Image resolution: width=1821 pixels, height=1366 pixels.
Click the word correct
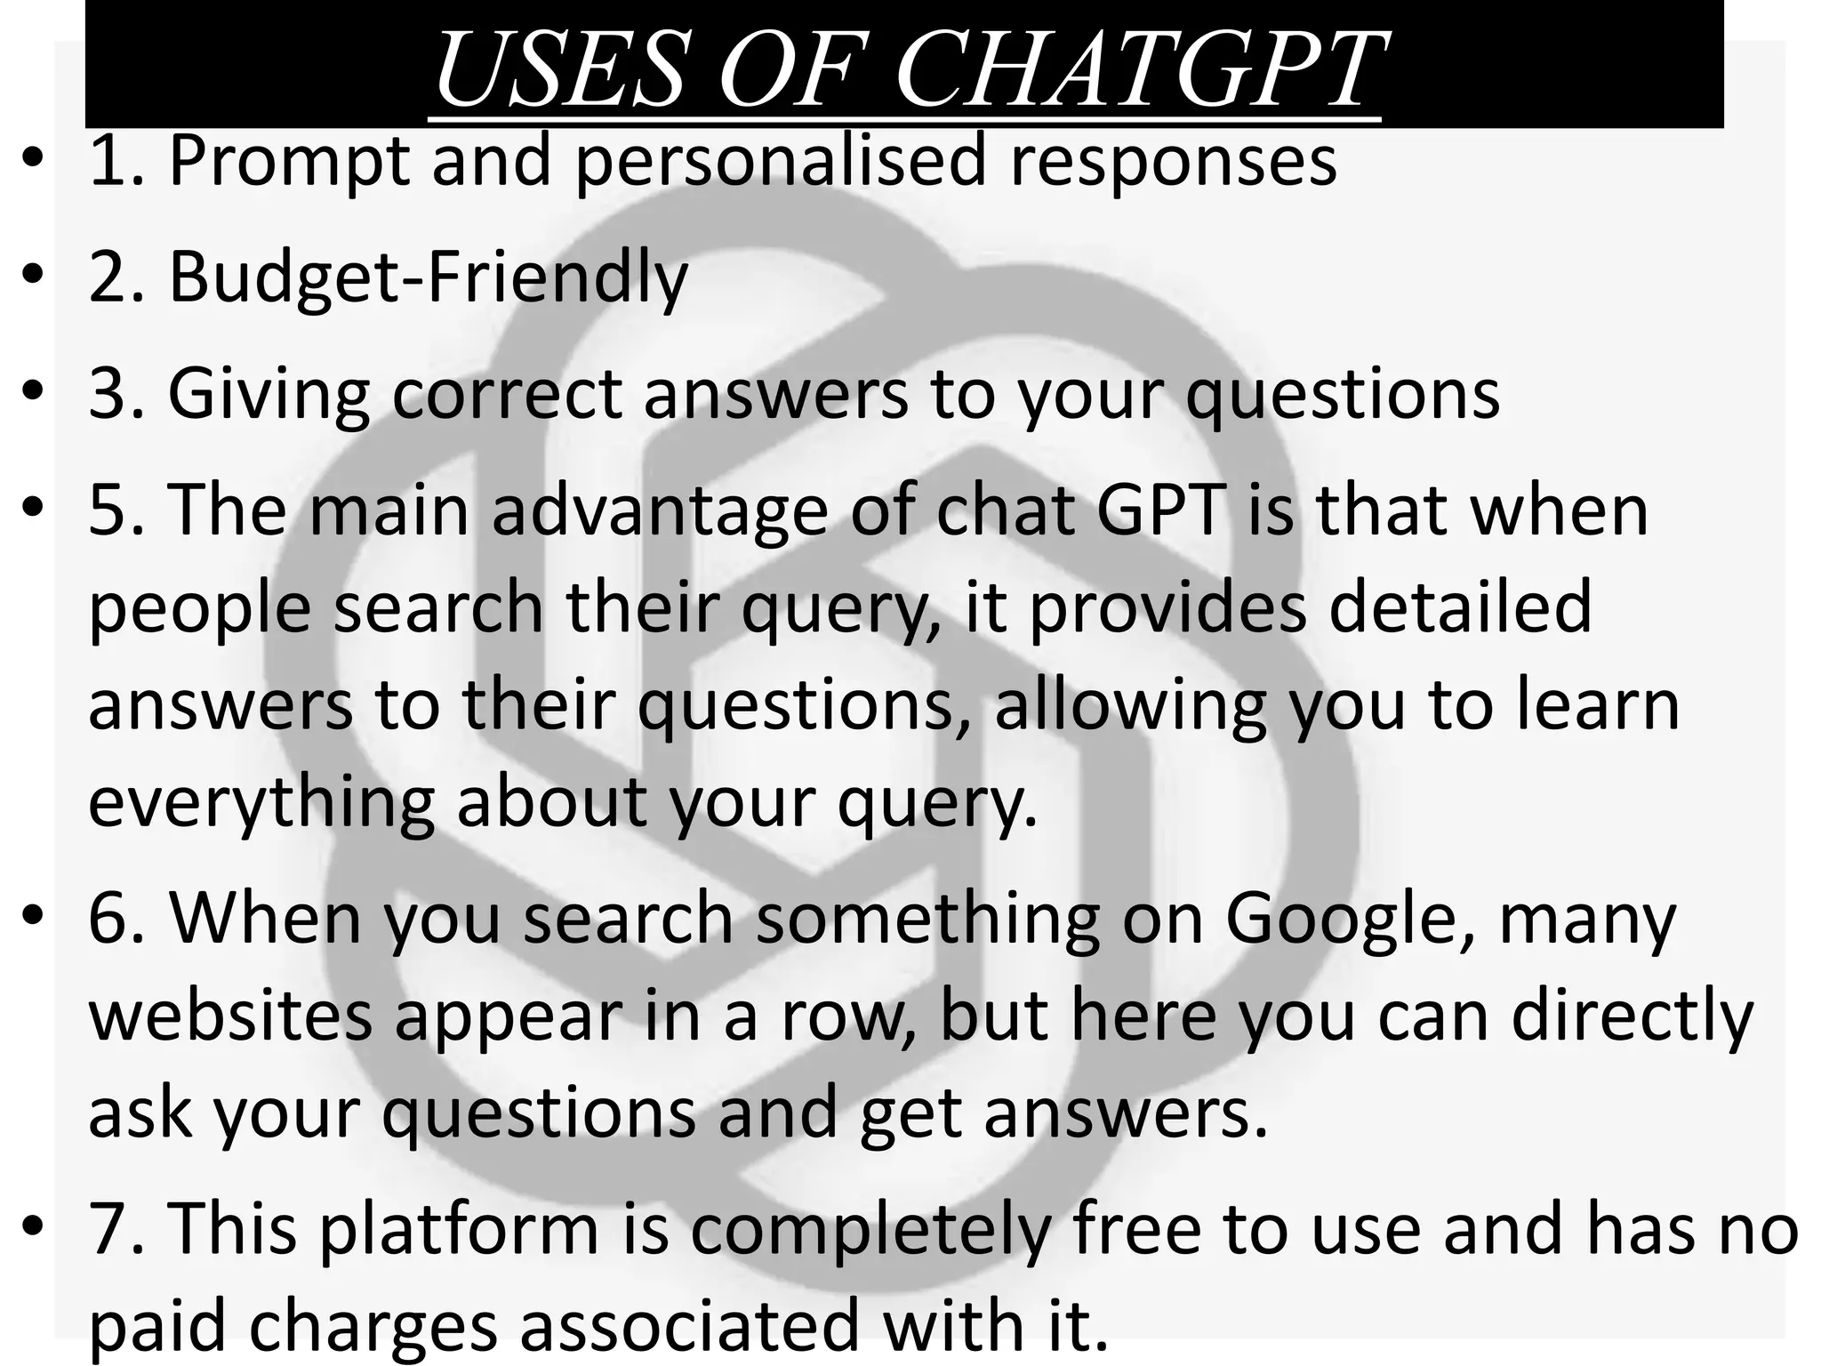click(506, 393)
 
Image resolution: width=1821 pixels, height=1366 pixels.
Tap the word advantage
click(660, 510)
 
